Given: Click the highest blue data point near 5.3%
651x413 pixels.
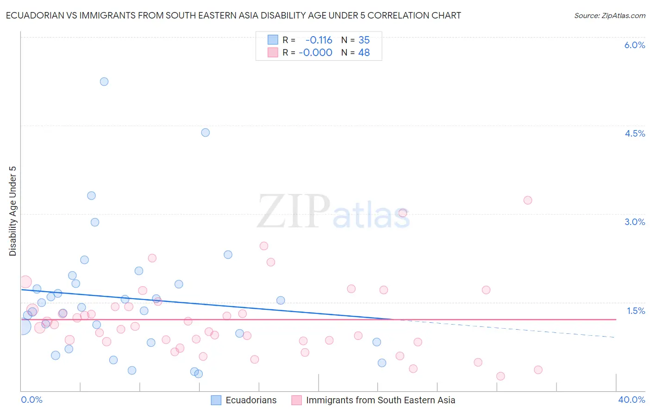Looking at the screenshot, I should [104, 81].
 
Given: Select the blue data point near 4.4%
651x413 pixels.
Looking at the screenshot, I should [206, 132].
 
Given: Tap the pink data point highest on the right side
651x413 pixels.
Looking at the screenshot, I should [528, 200].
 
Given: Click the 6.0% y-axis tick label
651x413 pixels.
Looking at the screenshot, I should [634, 45].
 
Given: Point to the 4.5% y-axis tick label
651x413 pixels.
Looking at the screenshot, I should [634, 133].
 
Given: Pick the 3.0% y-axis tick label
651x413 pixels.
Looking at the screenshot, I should [634, 222].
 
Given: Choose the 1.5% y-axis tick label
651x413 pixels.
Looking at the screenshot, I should [636, 311].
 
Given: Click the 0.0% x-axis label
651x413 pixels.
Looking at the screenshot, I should [31, 400].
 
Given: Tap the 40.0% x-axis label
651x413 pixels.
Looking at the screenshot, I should [631, 400].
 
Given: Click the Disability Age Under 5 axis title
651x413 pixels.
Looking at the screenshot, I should [13, 211].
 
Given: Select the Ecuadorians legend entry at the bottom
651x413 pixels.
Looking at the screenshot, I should [250, 400].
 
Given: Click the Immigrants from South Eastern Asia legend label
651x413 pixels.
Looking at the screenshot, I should [380, 400].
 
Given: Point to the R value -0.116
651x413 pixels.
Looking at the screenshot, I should [319, 40].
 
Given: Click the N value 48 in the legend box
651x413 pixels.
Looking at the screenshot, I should [364, 53].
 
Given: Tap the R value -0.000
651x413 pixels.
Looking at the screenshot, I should [315, 53].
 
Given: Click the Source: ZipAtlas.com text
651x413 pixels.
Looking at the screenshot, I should [609, 15].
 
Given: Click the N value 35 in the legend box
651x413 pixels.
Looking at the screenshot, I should [364, 40].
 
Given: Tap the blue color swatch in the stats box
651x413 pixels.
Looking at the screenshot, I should [273, 40].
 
